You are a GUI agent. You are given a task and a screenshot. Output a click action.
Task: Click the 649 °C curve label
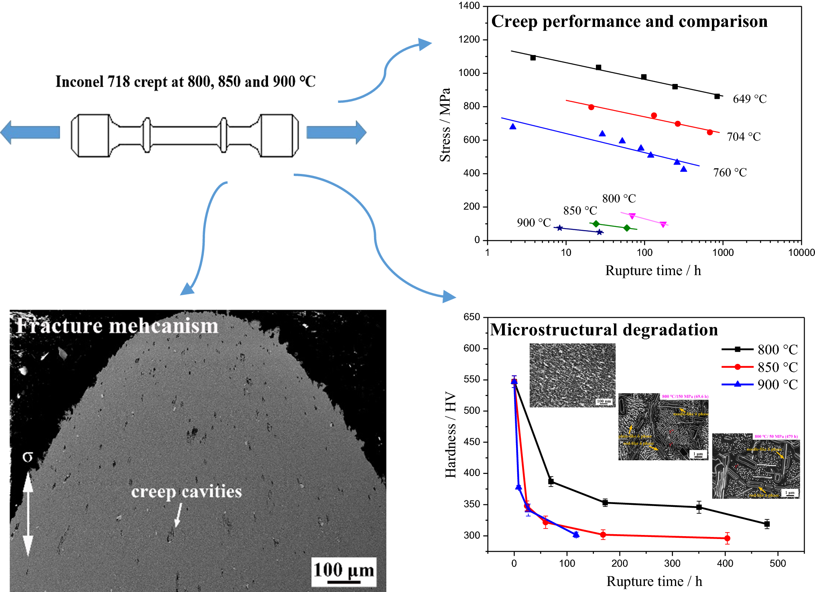click(749, 99)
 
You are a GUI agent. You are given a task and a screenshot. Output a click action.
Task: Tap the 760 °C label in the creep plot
click(730, 173)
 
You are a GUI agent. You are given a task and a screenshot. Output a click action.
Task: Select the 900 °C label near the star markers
click(533, 223)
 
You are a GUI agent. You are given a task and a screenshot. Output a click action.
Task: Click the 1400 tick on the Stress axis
click(469, 6)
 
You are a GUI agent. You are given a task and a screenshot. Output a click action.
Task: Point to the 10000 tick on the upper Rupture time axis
click(801, 253)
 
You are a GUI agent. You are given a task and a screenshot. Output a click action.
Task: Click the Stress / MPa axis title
click(445, 125)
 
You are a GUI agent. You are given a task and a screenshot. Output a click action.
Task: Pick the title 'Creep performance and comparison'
click(629, 21)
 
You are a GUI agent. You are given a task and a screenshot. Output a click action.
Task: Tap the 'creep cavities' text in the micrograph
click(187, 492)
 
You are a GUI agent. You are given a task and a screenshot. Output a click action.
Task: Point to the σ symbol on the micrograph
click(27, 457)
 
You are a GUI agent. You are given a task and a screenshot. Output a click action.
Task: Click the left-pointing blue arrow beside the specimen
click(30, 132)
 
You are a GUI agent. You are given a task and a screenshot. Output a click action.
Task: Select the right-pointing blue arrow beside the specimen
click(336, 132)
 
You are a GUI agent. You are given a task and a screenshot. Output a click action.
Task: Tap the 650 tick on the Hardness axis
click(472, 317)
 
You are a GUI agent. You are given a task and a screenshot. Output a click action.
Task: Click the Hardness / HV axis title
click(451, 435)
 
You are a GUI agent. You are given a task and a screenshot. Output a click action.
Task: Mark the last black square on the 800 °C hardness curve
click(767, 524)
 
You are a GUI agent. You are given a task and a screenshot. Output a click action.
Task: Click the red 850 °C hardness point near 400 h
click(727, 538)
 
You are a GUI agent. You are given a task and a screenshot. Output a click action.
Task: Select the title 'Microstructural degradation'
click(604, 330)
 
